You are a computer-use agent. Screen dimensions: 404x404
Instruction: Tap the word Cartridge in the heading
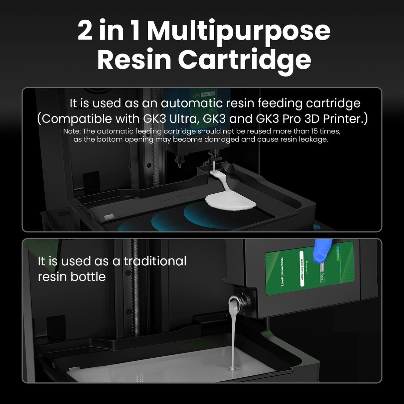[x=245, y=60]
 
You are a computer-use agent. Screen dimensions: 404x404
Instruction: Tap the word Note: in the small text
[x=72, y=131]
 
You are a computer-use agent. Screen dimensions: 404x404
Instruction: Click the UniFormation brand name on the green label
[x=282, y=275]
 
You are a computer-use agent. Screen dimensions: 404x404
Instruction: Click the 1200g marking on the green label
[x=322, y=276]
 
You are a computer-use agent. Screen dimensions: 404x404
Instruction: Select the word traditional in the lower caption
[x=155, y=261]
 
